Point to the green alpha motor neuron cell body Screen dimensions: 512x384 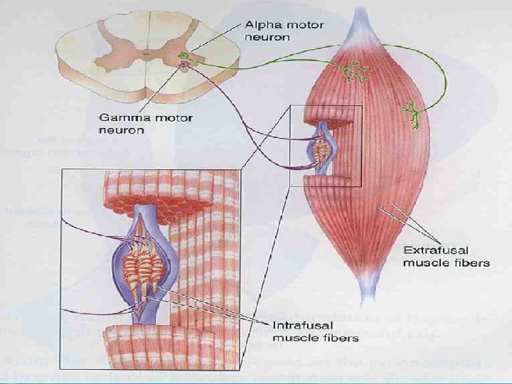coord(183,55)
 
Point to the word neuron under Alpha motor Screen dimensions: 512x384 coord(262,37)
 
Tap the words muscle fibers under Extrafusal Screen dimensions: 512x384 coord(447,263)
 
